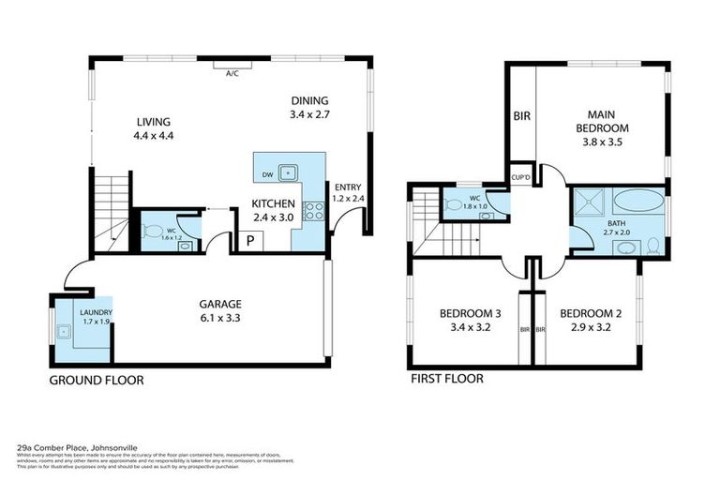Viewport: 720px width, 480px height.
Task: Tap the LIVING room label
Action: pyautogui.click(x=154, y=122)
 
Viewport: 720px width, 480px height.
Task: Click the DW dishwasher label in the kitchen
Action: pyautogui.click(x=268, y=173)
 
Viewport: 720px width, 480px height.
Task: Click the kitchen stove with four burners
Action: pyautogui.click(x=316, y=211)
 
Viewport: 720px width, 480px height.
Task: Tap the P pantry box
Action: pyautogui.click(x=250, y=241)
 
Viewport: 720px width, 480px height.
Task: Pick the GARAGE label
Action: pyautogui.click(x=219, y=304)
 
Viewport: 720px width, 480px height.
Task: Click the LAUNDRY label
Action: pyautogui.click(x=96, y=312)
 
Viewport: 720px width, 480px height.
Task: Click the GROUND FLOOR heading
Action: pyautogui.click(x=96, y=381)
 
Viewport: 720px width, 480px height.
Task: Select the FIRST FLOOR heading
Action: pyautogui.click(x=447, y=380)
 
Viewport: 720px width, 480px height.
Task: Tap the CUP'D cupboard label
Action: pyautogui.click(x=521, y=176)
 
